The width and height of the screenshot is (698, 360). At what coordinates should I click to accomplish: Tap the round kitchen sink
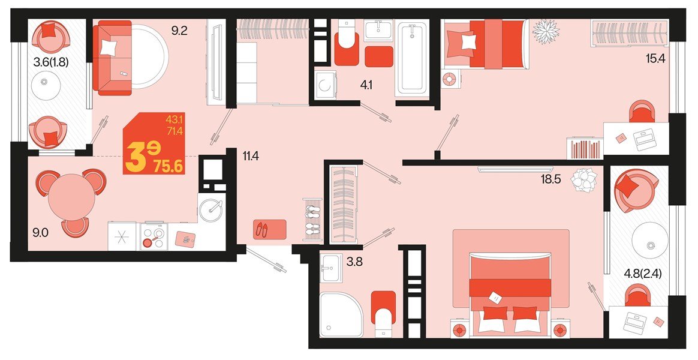[x=211, y=208]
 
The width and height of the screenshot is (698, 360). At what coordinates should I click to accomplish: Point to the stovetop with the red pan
[x=153, y=236]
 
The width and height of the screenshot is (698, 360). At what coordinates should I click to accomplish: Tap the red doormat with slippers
[x=270, y=229]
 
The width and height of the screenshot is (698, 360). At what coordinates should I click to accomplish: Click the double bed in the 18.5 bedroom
[x=510, y=294]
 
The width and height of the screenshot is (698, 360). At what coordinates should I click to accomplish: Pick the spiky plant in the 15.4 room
[x=546, y=31]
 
